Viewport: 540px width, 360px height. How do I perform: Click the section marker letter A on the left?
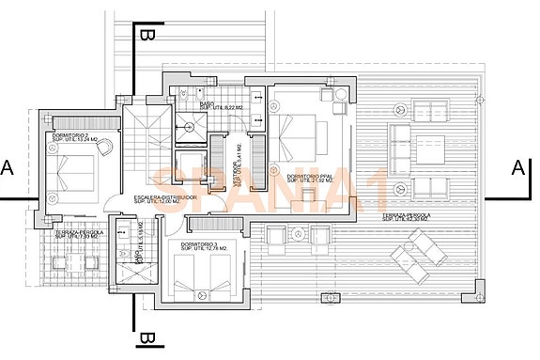(x=8, y=168)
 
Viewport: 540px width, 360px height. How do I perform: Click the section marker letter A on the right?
(x=517, y=168)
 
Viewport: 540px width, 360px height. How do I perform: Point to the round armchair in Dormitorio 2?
(x=104, y=146)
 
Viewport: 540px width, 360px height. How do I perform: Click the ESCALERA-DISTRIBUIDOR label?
(x=164, y=196)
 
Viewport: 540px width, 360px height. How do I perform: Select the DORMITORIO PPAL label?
(x=313, y=176)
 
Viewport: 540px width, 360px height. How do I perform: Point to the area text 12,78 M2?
(x=207, y=253)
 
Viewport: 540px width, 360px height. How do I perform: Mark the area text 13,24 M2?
(x=76, y=142)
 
